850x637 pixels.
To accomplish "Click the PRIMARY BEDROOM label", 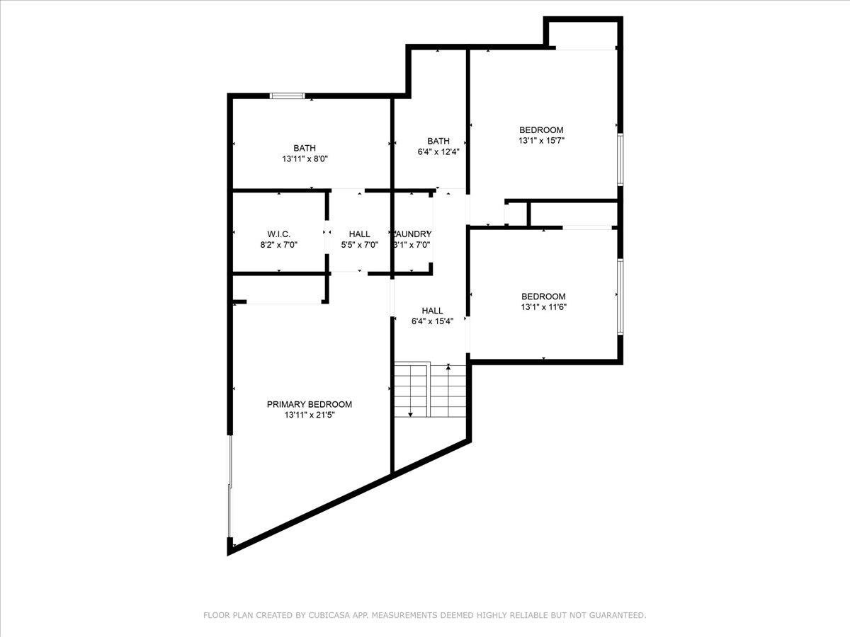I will click(309, 404).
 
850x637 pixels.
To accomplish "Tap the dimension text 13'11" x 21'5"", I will click(309, 415).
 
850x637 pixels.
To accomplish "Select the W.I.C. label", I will click(278, 234).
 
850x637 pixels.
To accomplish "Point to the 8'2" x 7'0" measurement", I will click(278, 245).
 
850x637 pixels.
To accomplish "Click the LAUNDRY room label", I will click(412, 234).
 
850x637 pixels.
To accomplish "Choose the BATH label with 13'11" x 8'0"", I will click(305, 148).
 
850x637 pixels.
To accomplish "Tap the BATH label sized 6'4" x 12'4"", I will click(438, 141).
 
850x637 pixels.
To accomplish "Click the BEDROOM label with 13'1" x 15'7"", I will click(541, 130).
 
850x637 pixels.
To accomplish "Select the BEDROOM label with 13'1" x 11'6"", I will click(543, 296).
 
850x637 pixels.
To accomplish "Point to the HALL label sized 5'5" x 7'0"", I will click(359, 234).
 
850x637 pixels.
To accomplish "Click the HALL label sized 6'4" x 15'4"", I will click(432, 310).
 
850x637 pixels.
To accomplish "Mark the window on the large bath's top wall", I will click(288, 96).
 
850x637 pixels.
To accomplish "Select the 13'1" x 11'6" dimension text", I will click(543, 307).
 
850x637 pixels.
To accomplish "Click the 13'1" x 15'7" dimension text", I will click(541, 141).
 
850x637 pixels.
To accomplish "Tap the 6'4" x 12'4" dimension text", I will click(438, 151).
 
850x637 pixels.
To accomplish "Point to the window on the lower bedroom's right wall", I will click(620, 296).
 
